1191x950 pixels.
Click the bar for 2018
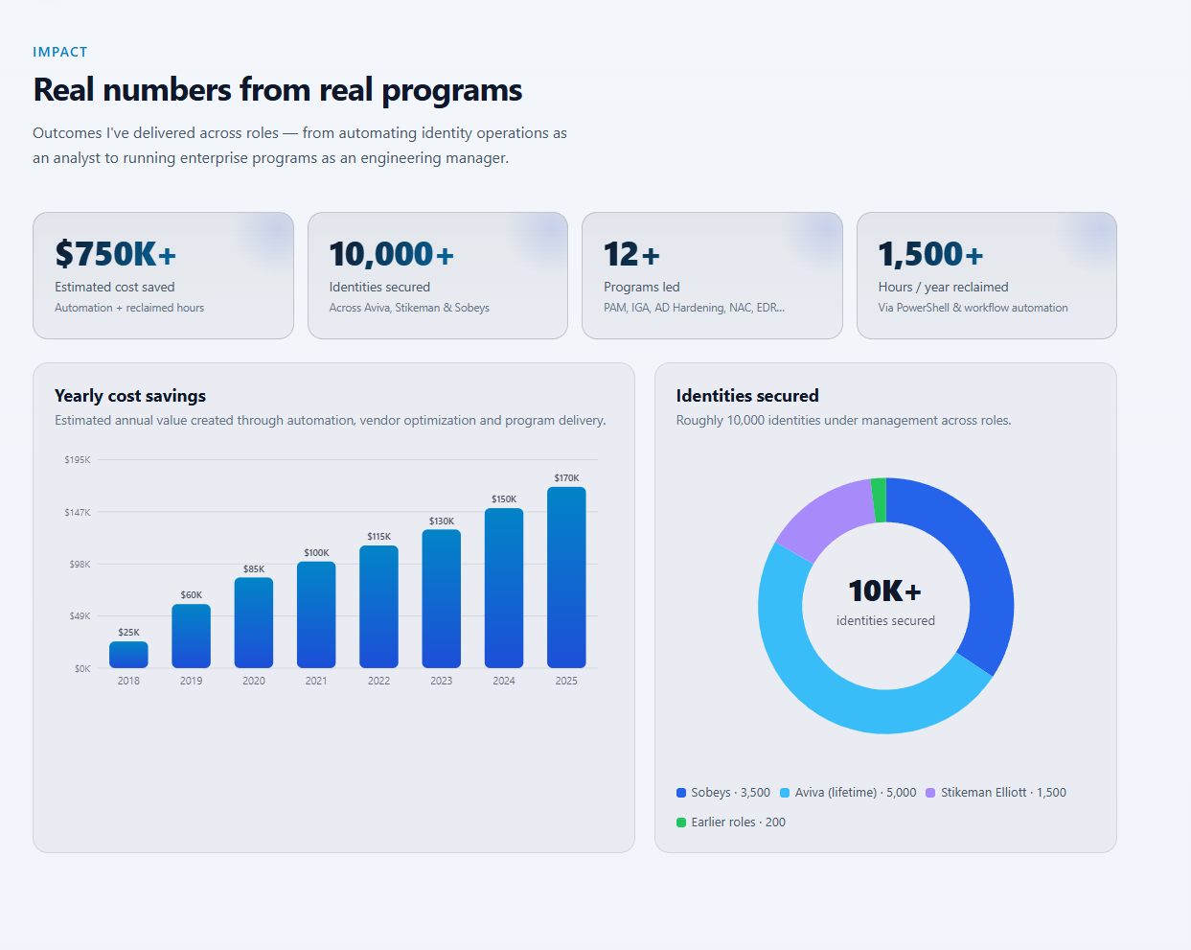tap(128, 655)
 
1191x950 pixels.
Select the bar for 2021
tap(316, 614)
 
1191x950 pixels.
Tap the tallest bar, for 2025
tap(566, 577)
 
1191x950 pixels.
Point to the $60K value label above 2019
tap(191, 594)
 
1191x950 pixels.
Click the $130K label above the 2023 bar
tap(441, 521)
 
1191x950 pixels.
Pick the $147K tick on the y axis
tap(77, 512)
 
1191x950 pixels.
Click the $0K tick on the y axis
tap(81, 668)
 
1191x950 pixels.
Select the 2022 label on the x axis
tap(378, 681)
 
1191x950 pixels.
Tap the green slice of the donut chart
tap(879, 499)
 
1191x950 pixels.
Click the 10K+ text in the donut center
tap(885, 591)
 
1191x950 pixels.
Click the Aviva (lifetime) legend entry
tap(848, 792)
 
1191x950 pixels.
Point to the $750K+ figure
tap(115, 253)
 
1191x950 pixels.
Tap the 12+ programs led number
tap(631, 254)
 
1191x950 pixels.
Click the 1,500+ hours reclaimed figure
tap(930, 254)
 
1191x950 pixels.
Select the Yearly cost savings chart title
tap(130, 395)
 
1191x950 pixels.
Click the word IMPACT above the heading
tap(59, 52)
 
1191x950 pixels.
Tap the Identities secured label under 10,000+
tap(379, 287)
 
